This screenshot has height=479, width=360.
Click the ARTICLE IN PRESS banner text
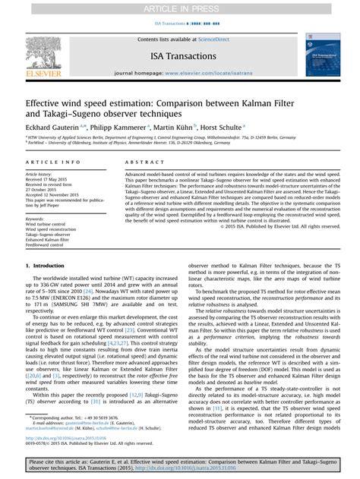tap(179, 8)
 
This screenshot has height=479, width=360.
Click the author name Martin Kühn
tap(181, 128)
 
